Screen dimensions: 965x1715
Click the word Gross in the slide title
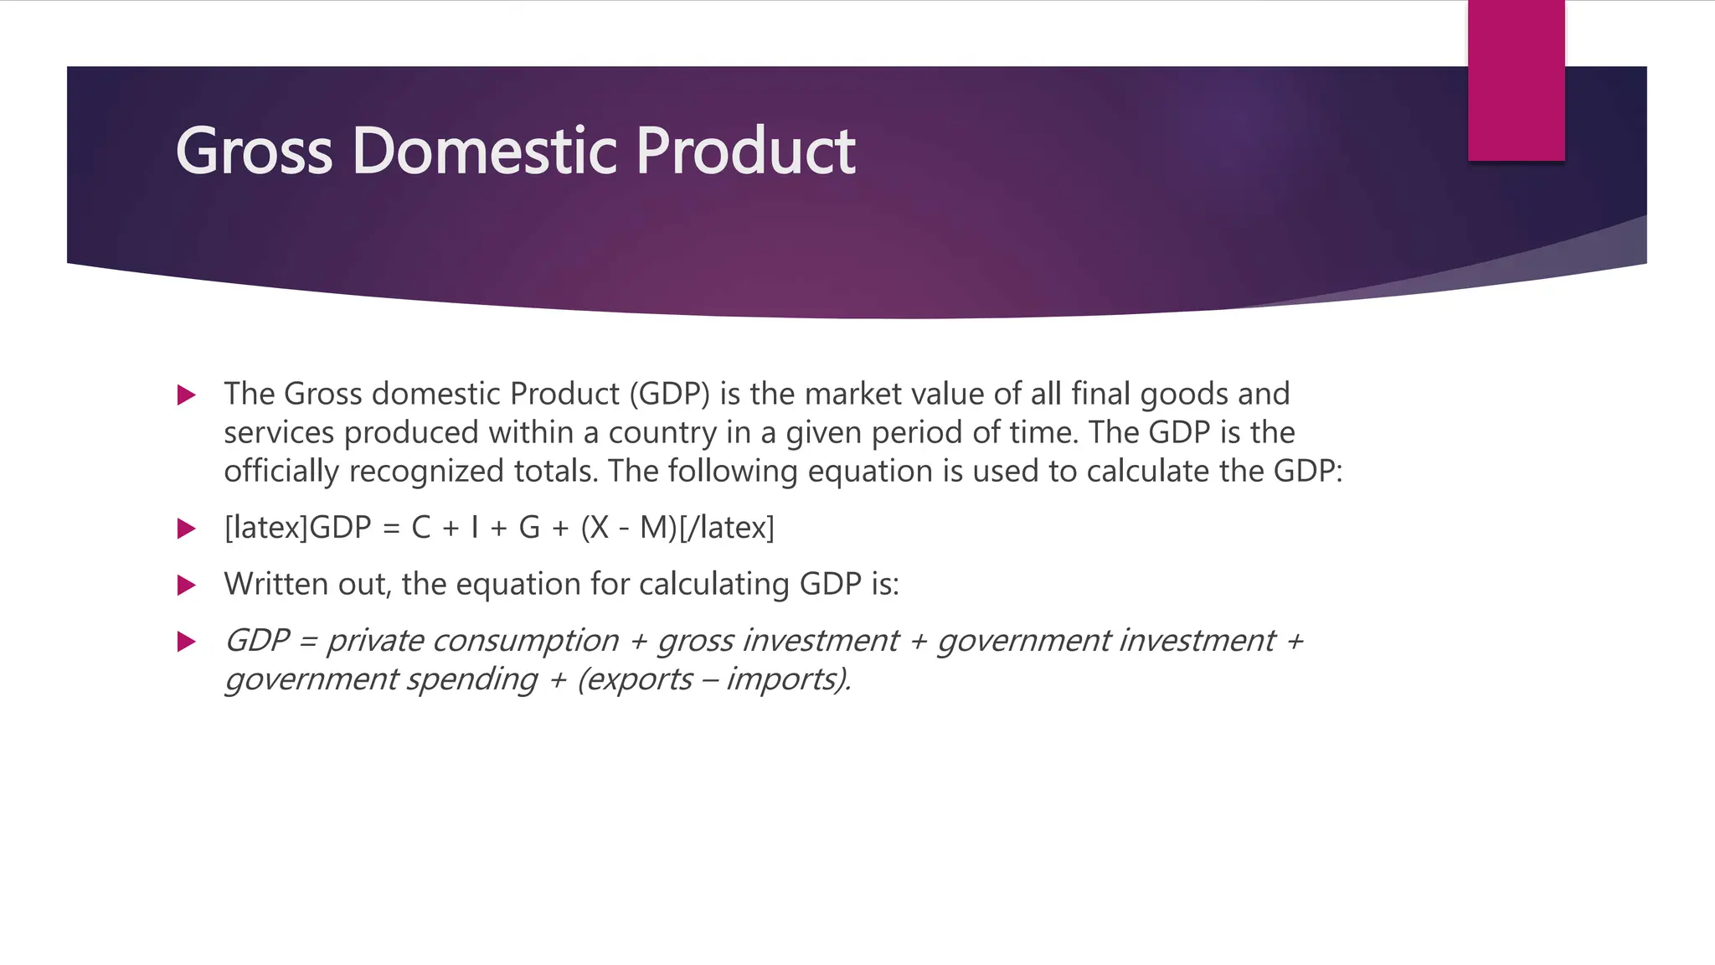click(x=254, y=152)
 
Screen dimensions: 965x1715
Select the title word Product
click(x=745, y=152)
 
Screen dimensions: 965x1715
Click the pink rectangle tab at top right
click(x=1516, y=80)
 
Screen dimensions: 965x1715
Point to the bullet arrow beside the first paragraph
click(x=187, y=395)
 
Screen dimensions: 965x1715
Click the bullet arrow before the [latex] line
click(x=187, y=529)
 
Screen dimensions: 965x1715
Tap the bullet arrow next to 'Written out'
click(x=187, y=585)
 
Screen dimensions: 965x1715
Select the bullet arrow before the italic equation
click(x=187, y=642)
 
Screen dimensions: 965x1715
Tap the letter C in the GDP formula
click(x=420, y=528)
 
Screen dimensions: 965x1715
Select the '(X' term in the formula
click(x=595, y=528)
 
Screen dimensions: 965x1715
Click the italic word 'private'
click(x=374, y=641)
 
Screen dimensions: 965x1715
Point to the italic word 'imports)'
click(x=787, y=679)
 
